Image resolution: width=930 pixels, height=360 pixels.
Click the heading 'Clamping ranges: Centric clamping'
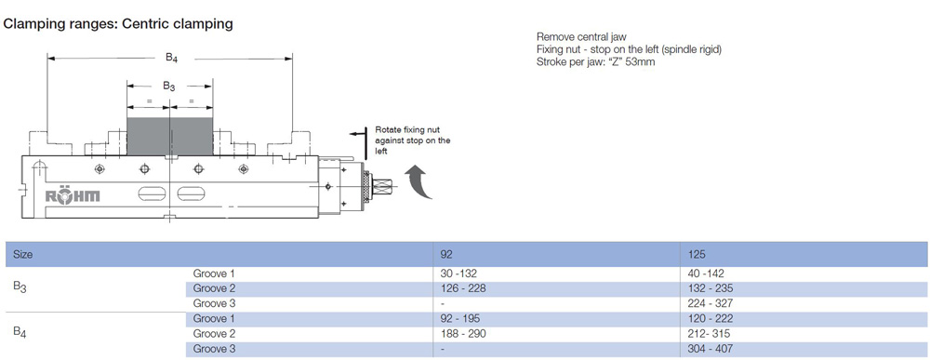coord(118,24)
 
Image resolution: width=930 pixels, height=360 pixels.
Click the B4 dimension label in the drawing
coord(172,58)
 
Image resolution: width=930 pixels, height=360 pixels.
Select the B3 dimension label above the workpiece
coord(169,87)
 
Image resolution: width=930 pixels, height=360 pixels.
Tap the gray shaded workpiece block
coord(169,136)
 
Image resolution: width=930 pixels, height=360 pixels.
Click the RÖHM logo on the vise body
coord(73,197)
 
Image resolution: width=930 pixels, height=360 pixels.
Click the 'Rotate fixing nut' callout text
coord(413,140)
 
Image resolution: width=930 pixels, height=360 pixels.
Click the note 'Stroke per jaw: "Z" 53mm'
coord(595,61)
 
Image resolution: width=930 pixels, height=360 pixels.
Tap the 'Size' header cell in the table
coord(23,255)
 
